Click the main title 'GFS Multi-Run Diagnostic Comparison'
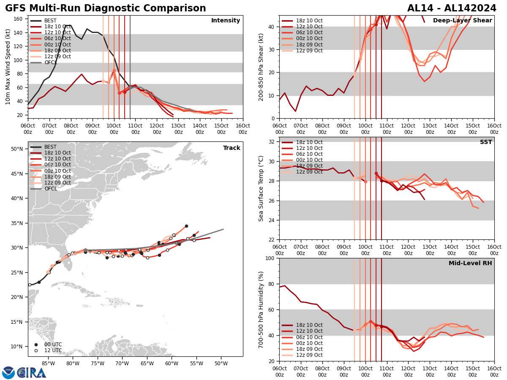click(x=106, y=8)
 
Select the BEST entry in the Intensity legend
click(x=50, y=21)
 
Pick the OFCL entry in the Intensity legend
click(x=50, y=62)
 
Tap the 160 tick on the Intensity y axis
click(x=19, y=19)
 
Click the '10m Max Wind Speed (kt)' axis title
click(x=8, y=67)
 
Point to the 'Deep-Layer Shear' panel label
click(x=462, y=21)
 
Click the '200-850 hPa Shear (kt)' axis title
click(x=261, y=67)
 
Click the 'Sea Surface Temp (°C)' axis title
click(x=261, y=188)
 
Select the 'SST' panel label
click(x=485, y=142)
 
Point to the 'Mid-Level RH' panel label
click(x=470, y=263)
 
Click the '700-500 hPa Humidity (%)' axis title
click(x=261, y=309)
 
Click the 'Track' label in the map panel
click(x=231, y=148)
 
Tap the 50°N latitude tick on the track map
click(x=17, y=149)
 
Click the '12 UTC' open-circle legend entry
click(x=53, y=350)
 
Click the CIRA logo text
click(x=32, y=373)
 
